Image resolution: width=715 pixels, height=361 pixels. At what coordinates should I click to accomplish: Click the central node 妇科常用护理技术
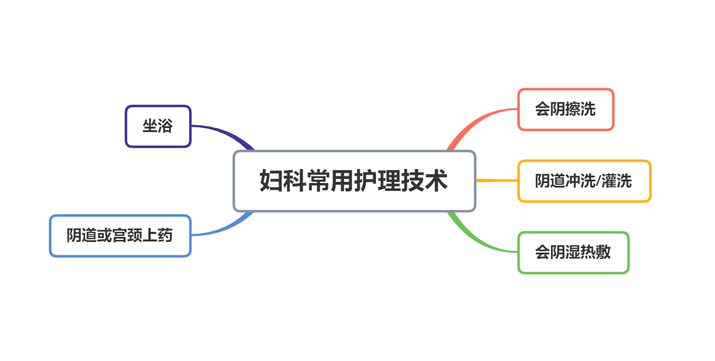point(354,181)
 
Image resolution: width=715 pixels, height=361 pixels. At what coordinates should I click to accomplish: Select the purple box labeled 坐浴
point(158,126)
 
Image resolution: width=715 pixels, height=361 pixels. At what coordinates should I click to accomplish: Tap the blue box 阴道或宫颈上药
point(120,236)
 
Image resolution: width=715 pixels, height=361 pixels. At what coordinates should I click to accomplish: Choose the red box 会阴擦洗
point(565,109)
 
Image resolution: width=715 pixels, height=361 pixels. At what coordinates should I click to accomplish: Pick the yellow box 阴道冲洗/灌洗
point(584,181)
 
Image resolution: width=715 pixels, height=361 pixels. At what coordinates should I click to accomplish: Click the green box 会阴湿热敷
point(573,253)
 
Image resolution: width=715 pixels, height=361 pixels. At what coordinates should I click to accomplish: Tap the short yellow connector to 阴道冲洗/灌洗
point(497,181)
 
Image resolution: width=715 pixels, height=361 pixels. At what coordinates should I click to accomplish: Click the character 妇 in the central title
point(271,181)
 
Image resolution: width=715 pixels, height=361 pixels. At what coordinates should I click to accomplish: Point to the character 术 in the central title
point(436,181)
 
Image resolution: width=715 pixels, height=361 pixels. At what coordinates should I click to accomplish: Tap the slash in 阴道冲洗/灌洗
point(598,181)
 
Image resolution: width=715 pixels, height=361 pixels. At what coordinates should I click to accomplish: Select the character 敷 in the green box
point(603,253)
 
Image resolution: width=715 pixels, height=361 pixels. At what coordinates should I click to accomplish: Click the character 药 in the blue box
point(165,236)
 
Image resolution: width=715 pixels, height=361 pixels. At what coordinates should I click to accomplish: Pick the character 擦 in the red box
point(573,109)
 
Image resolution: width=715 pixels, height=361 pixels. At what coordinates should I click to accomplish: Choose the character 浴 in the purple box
point(165,126)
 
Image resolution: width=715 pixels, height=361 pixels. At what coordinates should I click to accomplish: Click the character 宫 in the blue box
point(120,236)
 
